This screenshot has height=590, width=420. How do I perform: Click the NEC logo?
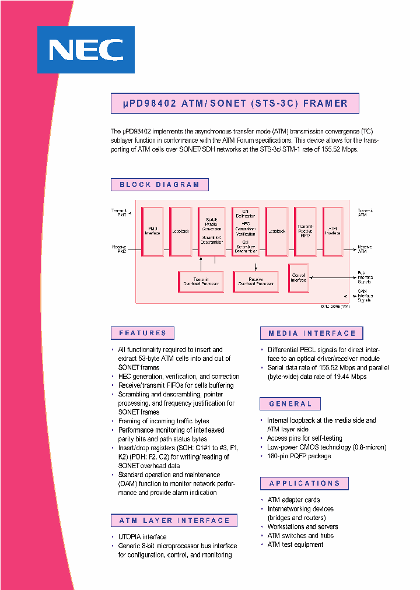[86, 50]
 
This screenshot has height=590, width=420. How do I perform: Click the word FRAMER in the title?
[325, 104]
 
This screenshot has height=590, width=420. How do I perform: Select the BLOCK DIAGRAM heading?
[159, 185]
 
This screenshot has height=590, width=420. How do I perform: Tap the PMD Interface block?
[153, 231]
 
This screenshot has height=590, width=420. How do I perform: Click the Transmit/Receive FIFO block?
[305, 231]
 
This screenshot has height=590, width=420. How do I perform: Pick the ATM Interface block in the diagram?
[332, 231]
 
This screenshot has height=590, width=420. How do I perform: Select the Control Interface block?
[298, 278]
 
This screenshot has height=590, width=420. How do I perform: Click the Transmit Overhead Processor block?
[201, 282]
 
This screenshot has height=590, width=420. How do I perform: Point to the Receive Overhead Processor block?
[256, 282]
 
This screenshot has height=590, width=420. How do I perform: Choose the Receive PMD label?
[119, 249]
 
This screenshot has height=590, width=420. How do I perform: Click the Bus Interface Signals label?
[365, 277]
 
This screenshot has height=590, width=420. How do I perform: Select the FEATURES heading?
[142, 333]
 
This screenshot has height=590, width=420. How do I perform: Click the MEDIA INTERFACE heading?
[311, 333]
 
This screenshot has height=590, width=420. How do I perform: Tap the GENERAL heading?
[290, 404]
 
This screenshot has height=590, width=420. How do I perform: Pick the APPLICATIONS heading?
[304, 483]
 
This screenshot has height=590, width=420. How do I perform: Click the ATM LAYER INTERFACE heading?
[174, 521]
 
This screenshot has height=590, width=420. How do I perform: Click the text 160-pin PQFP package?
[299, 456]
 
